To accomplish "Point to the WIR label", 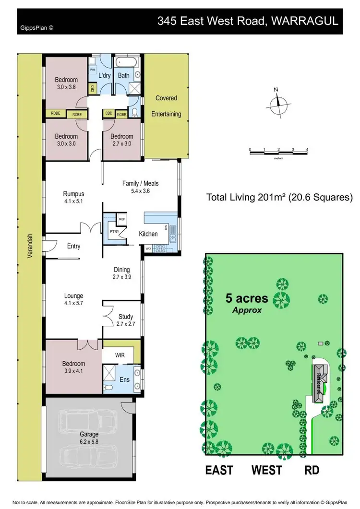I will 120,355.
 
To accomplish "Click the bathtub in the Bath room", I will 127,62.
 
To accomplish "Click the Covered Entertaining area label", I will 166,106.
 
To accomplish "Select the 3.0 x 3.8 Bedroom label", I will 66,83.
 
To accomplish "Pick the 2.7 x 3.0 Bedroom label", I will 123,139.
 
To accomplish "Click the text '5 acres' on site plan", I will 247,298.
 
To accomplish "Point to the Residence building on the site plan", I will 319,379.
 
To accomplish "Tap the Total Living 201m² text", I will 279,197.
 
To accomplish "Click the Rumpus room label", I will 73,197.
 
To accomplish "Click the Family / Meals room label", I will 140,187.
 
